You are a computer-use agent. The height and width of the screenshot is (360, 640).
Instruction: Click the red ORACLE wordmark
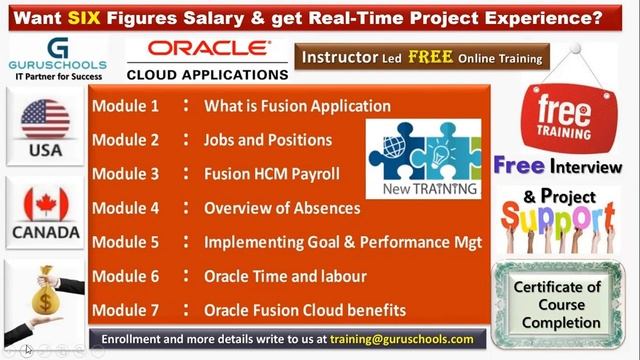click(208, 49)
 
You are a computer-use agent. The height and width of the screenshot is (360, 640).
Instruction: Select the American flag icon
click(45, 119)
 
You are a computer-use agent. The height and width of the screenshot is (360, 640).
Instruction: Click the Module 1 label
click(125, 105)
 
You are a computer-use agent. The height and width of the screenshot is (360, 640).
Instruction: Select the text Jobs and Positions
click(268, 139)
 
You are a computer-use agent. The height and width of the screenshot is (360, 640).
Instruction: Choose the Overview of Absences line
click(282, 208)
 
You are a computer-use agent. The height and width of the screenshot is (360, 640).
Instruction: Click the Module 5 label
click(125, 242)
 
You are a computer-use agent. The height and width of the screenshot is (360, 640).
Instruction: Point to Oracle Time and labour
click(285, 276)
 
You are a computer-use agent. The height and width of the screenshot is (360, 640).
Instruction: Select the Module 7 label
click(125, 310)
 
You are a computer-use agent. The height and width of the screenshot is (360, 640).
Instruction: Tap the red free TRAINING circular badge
click(563, 113)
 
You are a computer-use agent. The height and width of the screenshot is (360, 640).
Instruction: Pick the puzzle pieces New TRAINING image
click(423, 156)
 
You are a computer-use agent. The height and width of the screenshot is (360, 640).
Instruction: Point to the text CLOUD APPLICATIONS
click(208, 73)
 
